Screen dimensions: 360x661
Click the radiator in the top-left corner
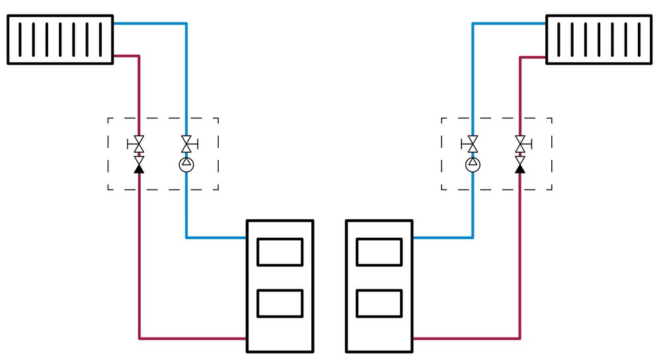(x=60, y=40)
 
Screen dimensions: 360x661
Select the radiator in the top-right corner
(x=599, y=40)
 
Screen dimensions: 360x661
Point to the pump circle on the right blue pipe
(x=473, y=163)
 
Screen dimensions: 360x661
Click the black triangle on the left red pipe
(x=139, y=168)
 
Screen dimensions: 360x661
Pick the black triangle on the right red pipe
(x=520, y=168)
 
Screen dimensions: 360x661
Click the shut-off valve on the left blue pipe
(x=186, y=143)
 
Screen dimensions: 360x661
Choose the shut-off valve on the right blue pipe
(x=473, y=143)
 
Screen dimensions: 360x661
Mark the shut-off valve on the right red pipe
(x=520, y=143)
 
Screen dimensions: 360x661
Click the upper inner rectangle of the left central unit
(x=280, y=252)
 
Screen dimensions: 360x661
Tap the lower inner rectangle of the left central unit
(x=280, y=303)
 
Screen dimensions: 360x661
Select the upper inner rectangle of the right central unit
(x=379, y=252)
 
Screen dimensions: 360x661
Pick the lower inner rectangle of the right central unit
(x=379, y=303)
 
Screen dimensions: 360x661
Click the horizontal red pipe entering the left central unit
(x=192, y=339)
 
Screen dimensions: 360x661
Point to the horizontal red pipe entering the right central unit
(x=466, y=339)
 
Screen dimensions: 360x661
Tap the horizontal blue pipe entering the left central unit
(x=216, y=237)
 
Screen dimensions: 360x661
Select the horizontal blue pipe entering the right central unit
(x=442, y=237)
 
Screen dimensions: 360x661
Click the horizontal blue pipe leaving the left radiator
(x=149, y=23)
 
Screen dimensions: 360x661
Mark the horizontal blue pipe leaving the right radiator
(x=509, y=23)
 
